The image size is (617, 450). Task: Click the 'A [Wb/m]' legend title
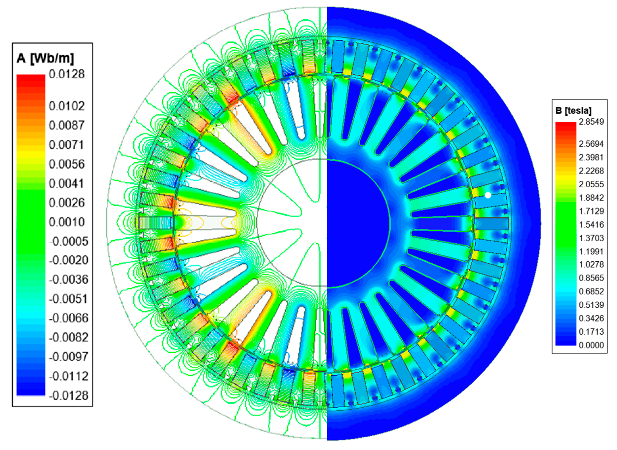pos(45,58)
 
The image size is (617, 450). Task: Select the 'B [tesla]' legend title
pos(573,110)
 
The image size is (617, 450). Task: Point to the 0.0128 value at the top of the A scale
pos(67,74)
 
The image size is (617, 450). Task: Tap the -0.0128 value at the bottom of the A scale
pos(69,395)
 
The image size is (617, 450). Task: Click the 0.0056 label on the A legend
pos(67,164)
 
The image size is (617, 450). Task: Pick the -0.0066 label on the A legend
pos(69,318)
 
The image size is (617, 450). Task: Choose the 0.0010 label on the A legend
pos(67,222)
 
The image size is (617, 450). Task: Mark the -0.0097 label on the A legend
pos(69,357)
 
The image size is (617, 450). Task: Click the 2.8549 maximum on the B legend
pos(591,122)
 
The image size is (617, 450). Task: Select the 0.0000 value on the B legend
pos(591,345)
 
